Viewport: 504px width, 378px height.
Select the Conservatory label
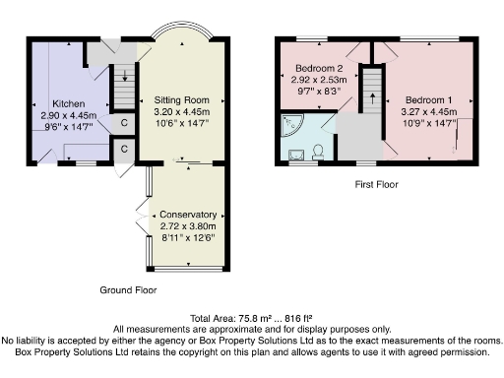coord(188,215)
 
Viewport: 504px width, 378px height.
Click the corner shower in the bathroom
coord(293,125)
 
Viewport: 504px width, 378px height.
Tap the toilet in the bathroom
coord(317,151)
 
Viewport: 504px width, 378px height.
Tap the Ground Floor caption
coord(128,290)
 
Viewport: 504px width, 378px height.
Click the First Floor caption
coord(377,184)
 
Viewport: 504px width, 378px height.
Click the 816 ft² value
coord(298,318)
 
